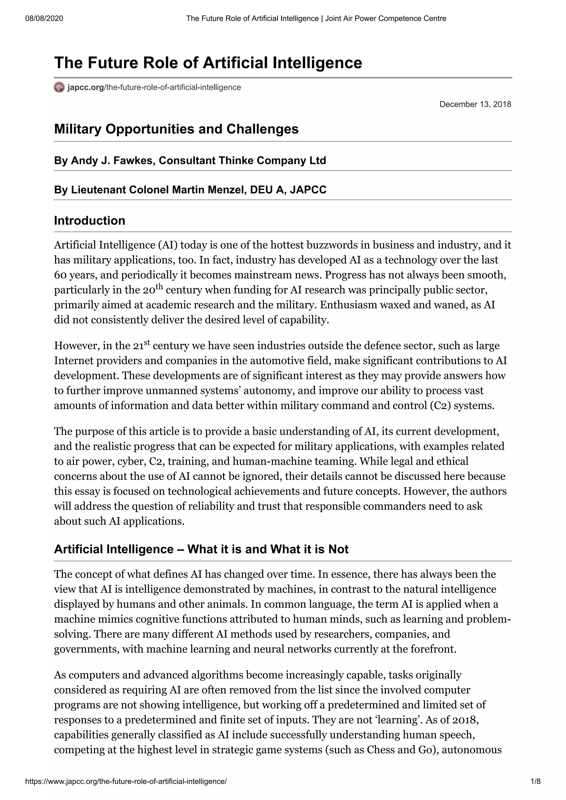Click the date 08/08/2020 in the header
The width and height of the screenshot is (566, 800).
pyautogui.click(x=44, y=18)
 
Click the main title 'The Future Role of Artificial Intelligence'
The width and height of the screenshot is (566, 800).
pyautogui.click(x=208, y=63)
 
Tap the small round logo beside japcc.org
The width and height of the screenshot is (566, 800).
pyautogui.click(x=59, y=87)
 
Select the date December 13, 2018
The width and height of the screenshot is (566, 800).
pyautogui.click(x=475, y=104)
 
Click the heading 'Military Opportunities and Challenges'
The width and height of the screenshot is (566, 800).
pyautogui.click(x=176, y=129)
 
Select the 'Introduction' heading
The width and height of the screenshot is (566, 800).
pyautogui.click(x=90, y=221)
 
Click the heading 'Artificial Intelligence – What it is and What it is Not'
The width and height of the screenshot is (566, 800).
pyautogui.click(x=201, y=549)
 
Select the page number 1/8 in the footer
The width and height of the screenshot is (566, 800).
pyautogui.click(x=535, y=782)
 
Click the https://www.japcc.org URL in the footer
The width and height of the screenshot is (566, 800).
pyautogui.click(x=126, y=782)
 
